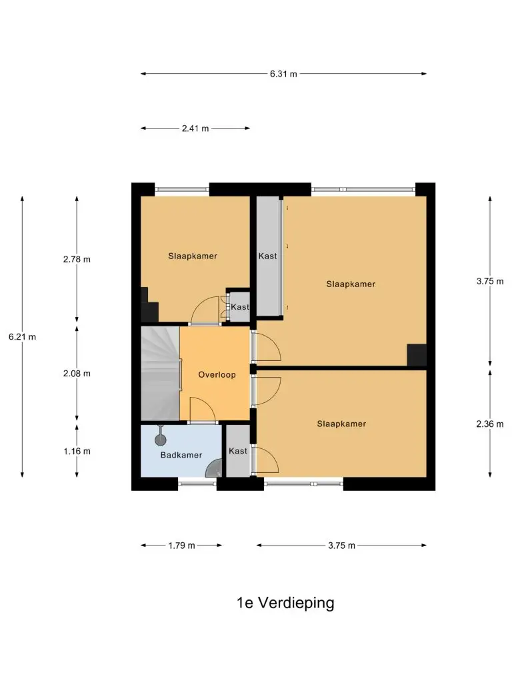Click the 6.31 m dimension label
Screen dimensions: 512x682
click(x=283, y=74)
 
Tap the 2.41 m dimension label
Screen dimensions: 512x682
click(x=195, y=129)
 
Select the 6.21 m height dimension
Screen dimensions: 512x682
click(x=22, y=336)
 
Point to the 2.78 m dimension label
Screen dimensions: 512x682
click(x=77, y=259)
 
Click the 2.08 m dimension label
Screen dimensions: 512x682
click(x=77, y=374)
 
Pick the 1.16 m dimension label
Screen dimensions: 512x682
click(x=77, y=452)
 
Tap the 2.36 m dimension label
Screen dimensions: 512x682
click(x=490, y=424)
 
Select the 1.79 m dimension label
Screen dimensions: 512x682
click(x=181, y=545)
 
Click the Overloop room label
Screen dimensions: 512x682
click(x=217, y=374)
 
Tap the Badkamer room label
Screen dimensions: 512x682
click(x=181, y=455)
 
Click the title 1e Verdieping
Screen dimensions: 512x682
click(x=285, y=603)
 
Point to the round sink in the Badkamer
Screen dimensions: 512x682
click(x=161, y=440)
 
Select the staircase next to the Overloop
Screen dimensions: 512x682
click(x=160, y=374)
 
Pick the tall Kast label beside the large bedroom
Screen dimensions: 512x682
click(x=267, y=256)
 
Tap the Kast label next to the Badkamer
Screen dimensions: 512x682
click(x=238, y=451)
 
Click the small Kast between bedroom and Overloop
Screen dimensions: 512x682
click(x=239, y=306)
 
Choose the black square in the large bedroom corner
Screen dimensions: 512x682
click(x=417, y=355)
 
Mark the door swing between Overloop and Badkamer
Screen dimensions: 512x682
click(x=203, y=410)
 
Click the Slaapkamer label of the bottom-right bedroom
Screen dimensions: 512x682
click(x=341, y=424)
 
